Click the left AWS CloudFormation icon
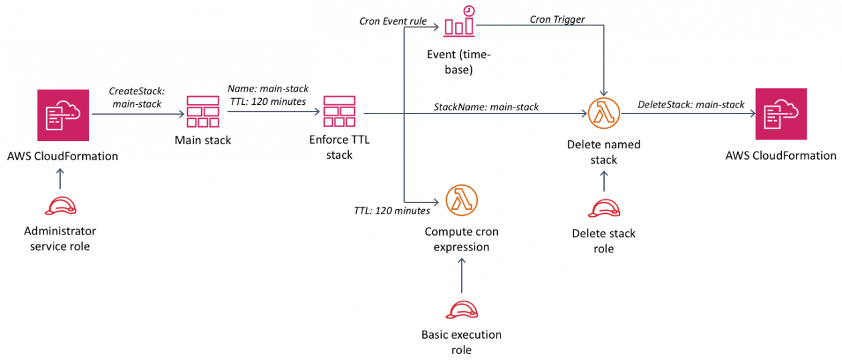[x=63, y=115]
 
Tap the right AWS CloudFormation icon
[x=781, y=114]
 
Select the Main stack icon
[x=203, y=112]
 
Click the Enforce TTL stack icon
[x=339, y=112]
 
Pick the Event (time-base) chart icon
[x=459, y=22]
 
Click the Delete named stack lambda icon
[x=603, y=113]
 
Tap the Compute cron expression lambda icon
[x=462, y=200]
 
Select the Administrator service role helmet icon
[x=61, y=206]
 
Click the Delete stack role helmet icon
[x=604, y=208]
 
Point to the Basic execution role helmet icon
[x=462, y=310]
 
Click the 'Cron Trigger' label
[x=557, y=19]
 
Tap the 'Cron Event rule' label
[x=393, y=21]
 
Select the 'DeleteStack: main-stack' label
[x=691, y=104]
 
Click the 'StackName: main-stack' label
[x=486, y=107]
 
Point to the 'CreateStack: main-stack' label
[x=137, y=98]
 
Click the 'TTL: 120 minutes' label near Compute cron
[x=392, y=210]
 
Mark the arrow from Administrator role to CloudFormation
[x=60, y=178]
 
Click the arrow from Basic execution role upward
[x=462, y=275]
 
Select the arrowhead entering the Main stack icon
[x=182, y=114]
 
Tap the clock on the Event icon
[x=468, y=11]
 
